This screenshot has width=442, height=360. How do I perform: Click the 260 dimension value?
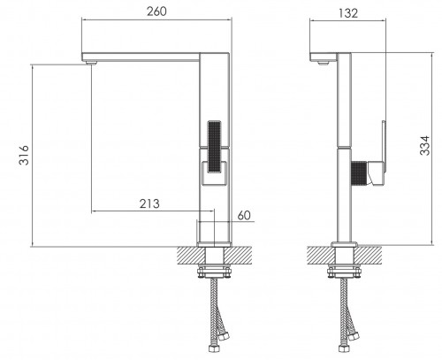click(156, 11)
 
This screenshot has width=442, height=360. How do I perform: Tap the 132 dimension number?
click(348, 13)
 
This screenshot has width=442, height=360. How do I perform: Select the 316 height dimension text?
click(24, 155)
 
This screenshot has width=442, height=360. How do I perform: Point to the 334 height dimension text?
click(425, 145)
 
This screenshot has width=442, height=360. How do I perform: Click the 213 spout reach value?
click(149, 203)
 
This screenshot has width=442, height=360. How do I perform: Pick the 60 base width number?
click(244, 215)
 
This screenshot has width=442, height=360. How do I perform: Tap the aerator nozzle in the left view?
click(90, 63)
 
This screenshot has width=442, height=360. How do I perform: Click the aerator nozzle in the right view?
click(324, 63)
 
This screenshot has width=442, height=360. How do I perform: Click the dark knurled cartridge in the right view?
click(359, 173)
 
